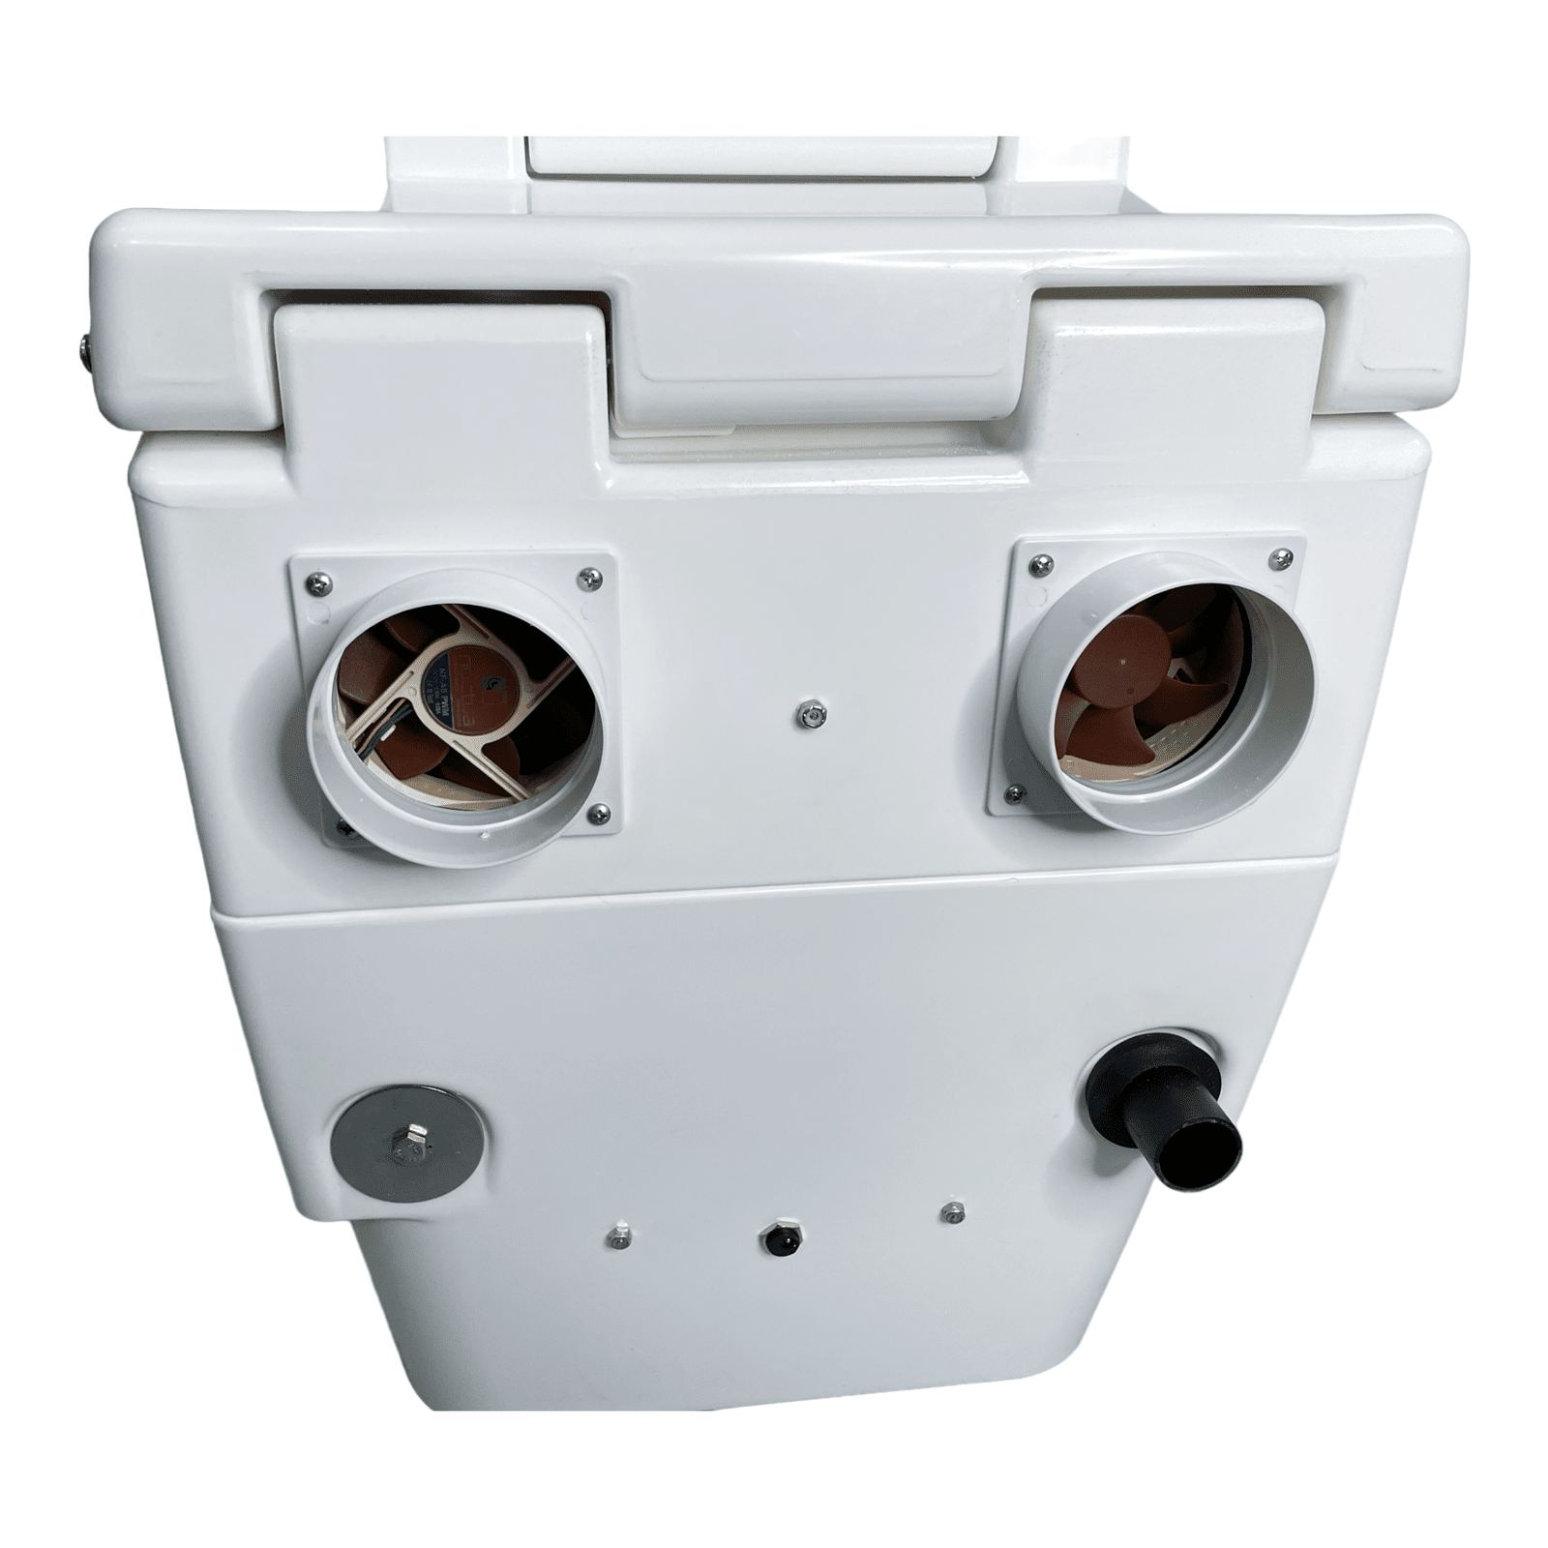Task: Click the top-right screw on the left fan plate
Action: pos(588,579)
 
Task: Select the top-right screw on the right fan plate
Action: pos(1281,557)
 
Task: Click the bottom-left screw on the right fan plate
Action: pos(1015,793)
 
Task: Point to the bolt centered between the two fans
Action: pos(811,715)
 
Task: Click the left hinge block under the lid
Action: pos(435,377)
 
